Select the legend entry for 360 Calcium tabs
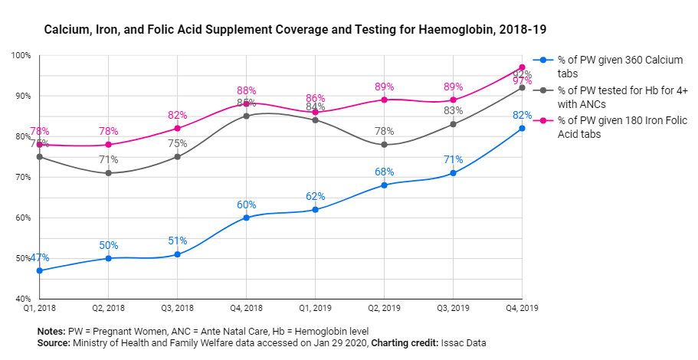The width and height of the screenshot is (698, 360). (x=620, y=67)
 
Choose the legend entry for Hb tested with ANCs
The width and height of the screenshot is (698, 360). (x=621, y=97)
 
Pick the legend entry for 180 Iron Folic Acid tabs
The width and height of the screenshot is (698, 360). (x=621, y=127)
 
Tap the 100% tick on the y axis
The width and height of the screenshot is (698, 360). (x=21, y=56)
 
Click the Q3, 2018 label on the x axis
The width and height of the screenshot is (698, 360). (x=177, y=309)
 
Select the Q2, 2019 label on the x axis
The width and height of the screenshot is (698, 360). (x=383, y=309)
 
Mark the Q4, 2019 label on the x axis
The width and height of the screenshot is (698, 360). (x=521, y=309)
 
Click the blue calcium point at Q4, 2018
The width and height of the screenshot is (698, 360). (x=246, y=218)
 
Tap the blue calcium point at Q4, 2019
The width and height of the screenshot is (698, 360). (x=522, y=128)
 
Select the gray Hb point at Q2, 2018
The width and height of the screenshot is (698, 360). (x=108, y=173)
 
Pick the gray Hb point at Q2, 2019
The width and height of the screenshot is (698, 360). (x=384, y=145)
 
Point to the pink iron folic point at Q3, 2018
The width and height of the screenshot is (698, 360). (x=177, y=128)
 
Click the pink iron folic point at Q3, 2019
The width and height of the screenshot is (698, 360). (x=453, y=100)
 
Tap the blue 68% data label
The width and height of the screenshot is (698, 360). (x=384, y=172)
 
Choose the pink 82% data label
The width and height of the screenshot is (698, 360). (x=178, y=115)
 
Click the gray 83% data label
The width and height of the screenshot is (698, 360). (x=453, y=111)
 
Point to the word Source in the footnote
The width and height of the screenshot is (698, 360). (x=54, y=343)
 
